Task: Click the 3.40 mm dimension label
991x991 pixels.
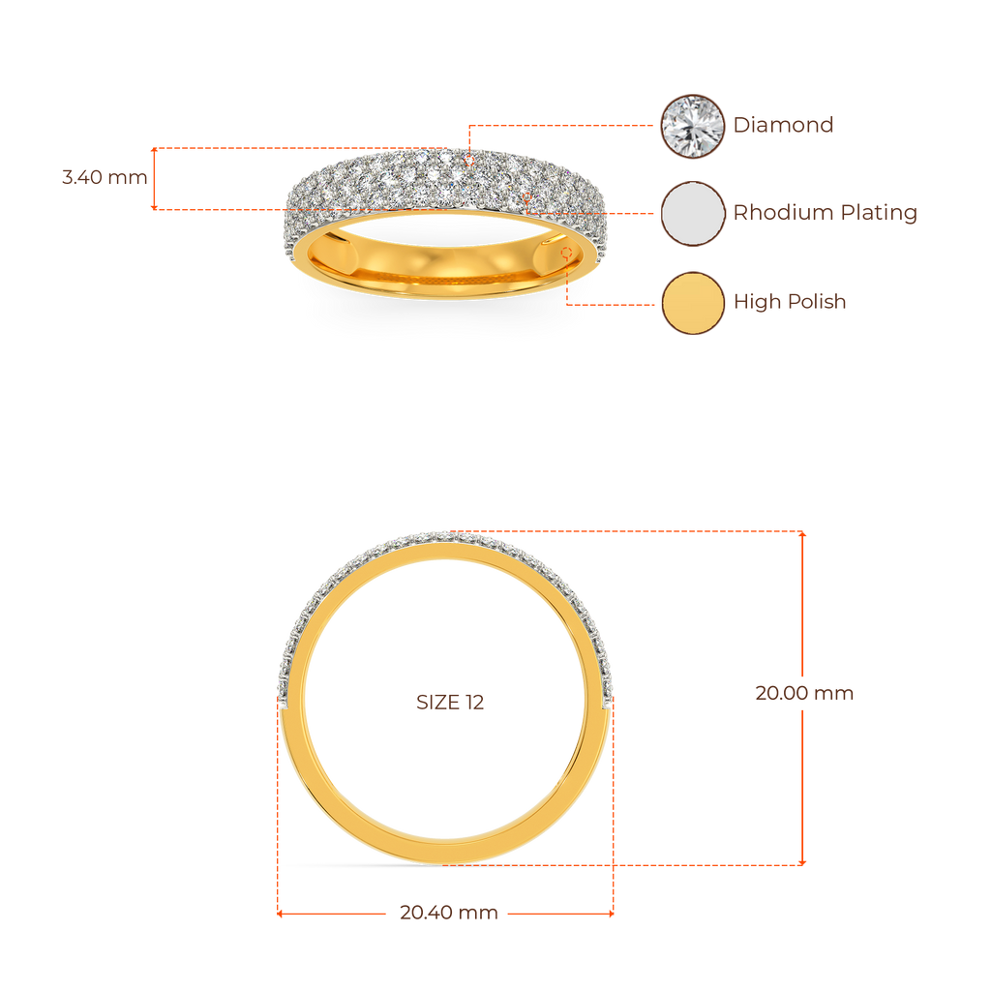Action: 105,178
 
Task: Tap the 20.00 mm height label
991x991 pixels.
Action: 804,694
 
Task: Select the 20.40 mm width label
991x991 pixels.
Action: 449,913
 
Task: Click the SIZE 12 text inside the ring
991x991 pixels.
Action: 450,703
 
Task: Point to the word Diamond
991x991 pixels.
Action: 784,125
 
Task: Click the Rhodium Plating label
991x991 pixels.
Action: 825,213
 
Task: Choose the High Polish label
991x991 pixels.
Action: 790,302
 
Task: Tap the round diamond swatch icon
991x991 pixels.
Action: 692,126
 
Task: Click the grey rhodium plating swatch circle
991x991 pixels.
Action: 692,213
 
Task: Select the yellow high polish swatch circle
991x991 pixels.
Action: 692,303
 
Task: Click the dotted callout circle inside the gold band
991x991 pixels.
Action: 566,253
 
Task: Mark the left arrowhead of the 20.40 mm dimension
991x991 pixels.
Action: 280,913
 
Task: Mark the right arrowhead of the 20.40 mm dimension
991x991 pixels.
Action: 613,913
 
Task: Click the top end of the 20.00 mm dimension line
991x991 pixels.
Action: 802,532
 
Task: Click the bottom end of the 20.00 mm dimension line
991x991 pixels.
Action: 802,862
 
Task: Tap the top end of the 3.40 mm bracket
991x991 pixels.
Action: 153,148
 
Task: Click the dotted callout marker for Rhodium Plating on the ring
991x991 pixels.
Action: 527,197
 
